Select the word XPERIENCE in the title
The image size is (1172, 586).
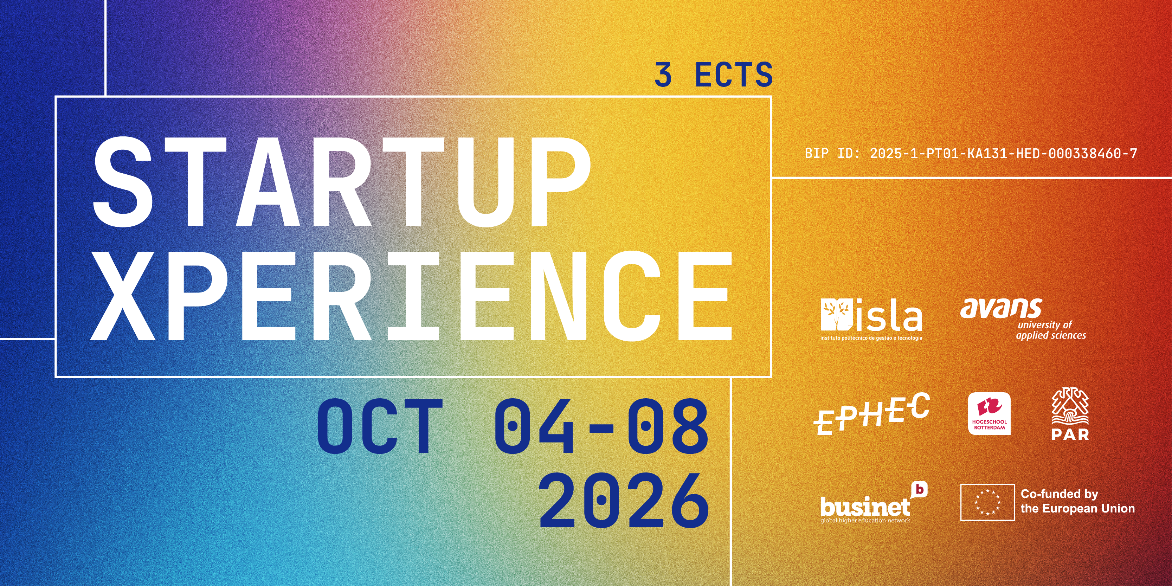[411, 296]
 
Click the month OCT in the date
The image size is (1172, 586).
[380, 426]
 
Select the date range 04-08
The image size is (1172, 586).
[601, 426]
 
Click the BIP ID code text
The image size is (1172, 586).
[971, 153]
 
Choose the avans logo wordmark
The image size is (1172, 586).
[1001, 309]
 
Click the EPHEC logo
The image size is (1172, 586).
[871, 414]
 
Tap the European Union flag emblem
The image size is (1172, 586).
[988, 502]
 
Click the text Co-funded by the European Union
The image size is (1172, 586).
[1077, 501]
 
